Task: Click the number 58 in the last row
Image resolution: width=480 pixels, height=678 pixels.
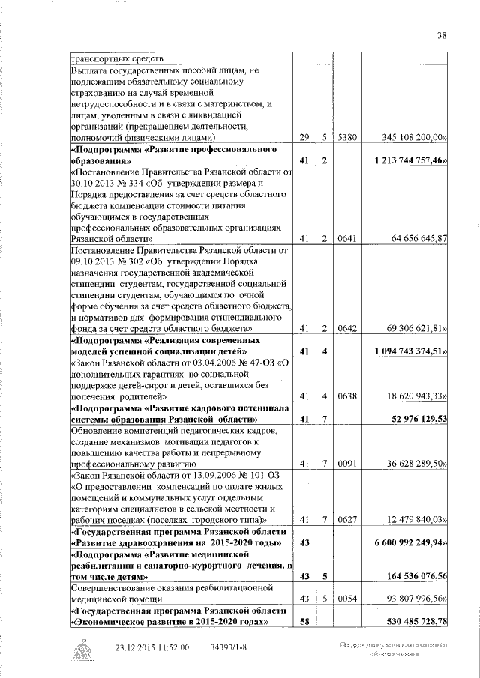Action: (x=304, y=621)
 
